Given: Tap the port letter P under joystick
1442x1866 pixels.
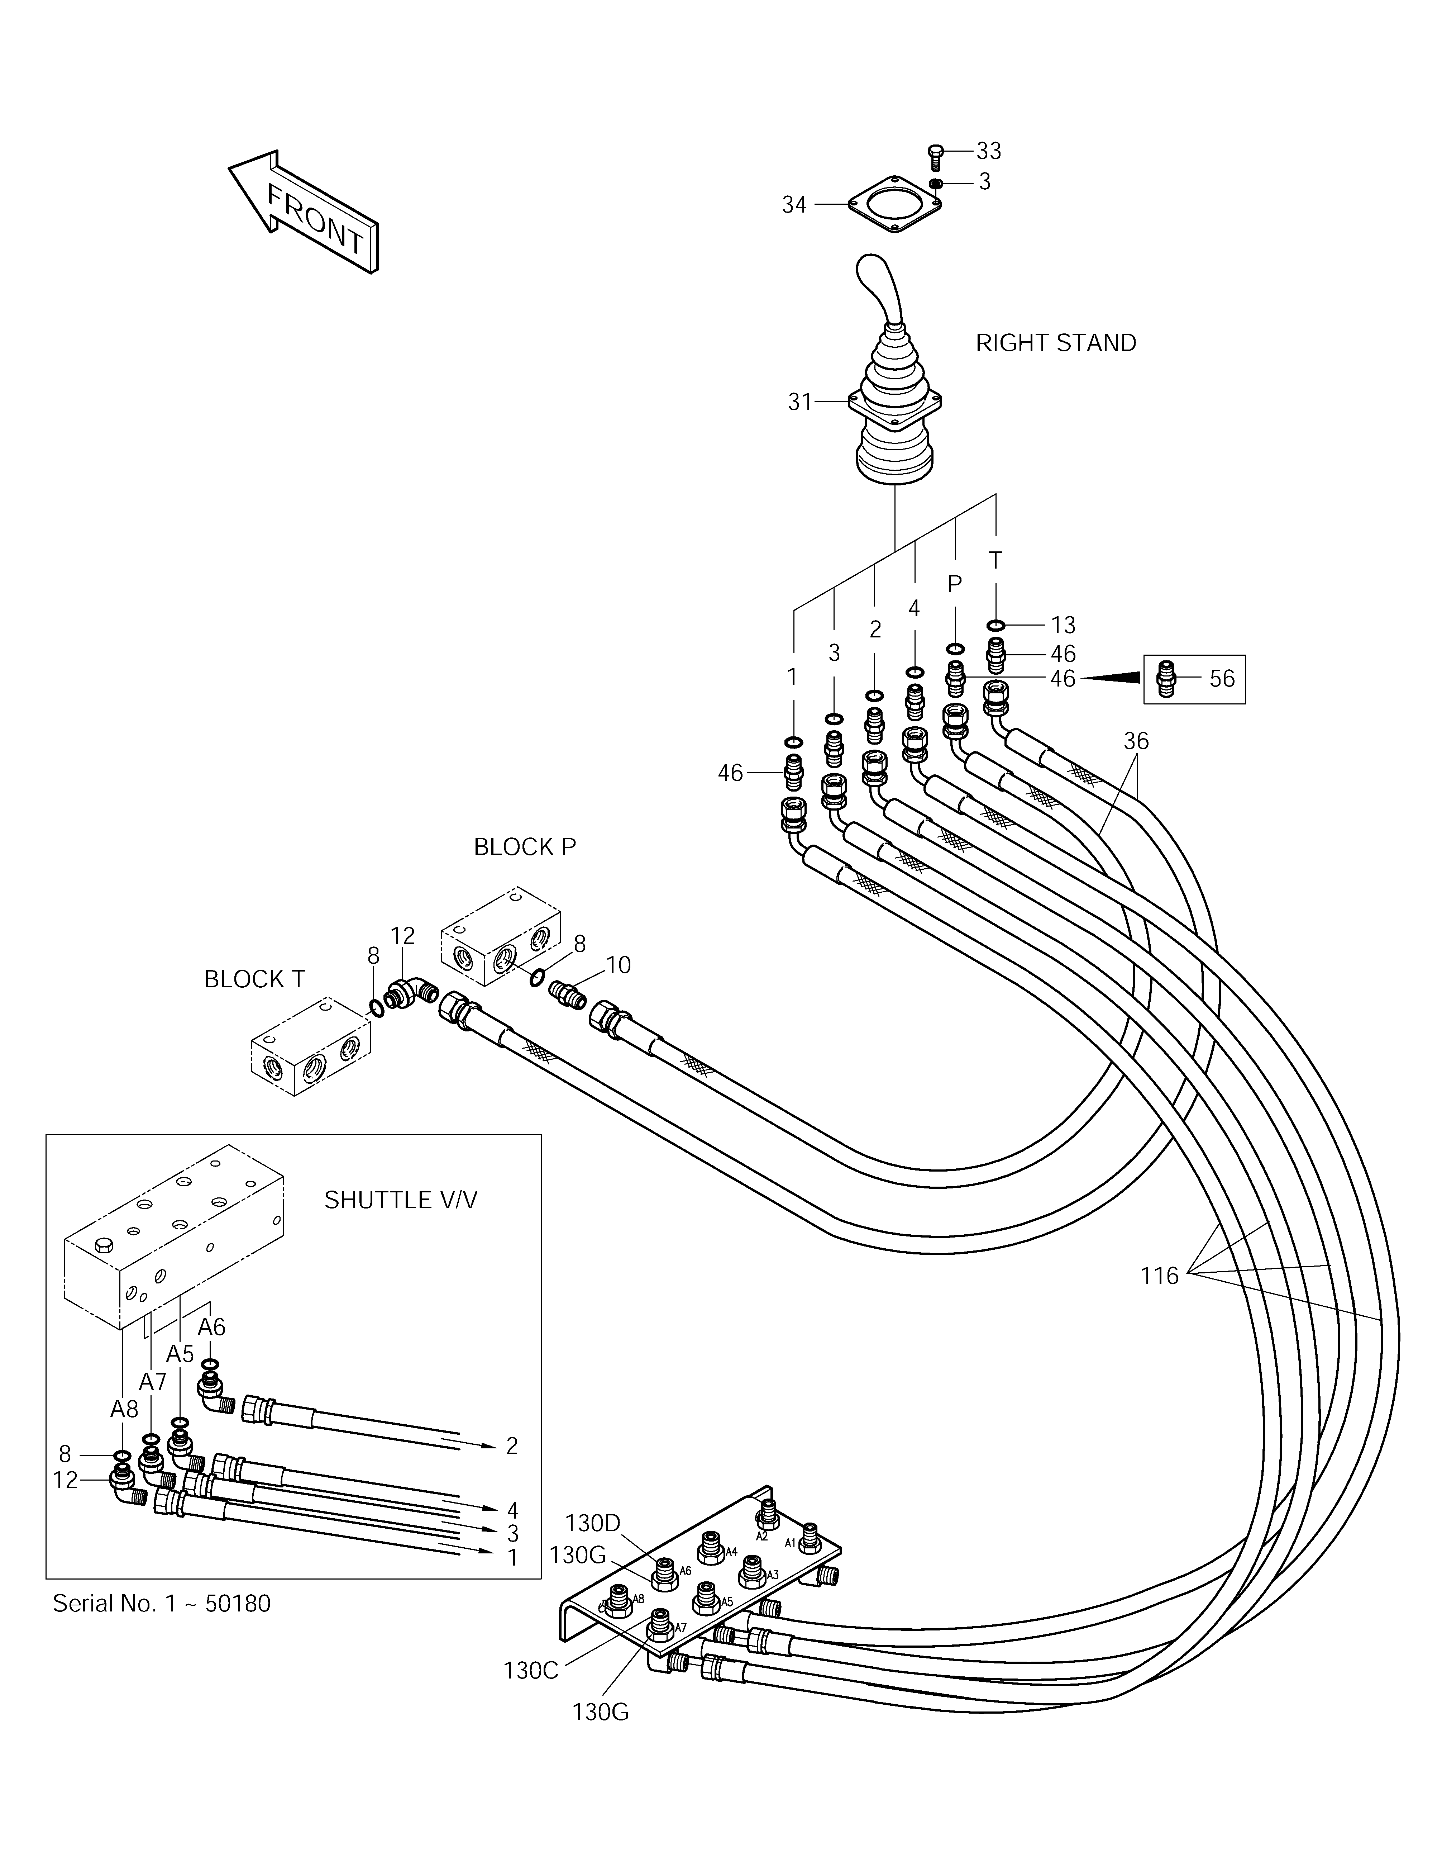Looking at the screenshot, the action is [955, 584].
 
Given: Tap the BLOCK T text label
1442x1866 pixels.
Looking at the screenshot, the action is [254, 979].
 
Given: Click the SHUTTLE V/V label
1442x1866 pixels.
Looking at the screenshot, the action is [401, 1200].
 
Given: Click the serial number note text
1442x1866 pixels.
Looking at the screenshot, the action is [162, 1604].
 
